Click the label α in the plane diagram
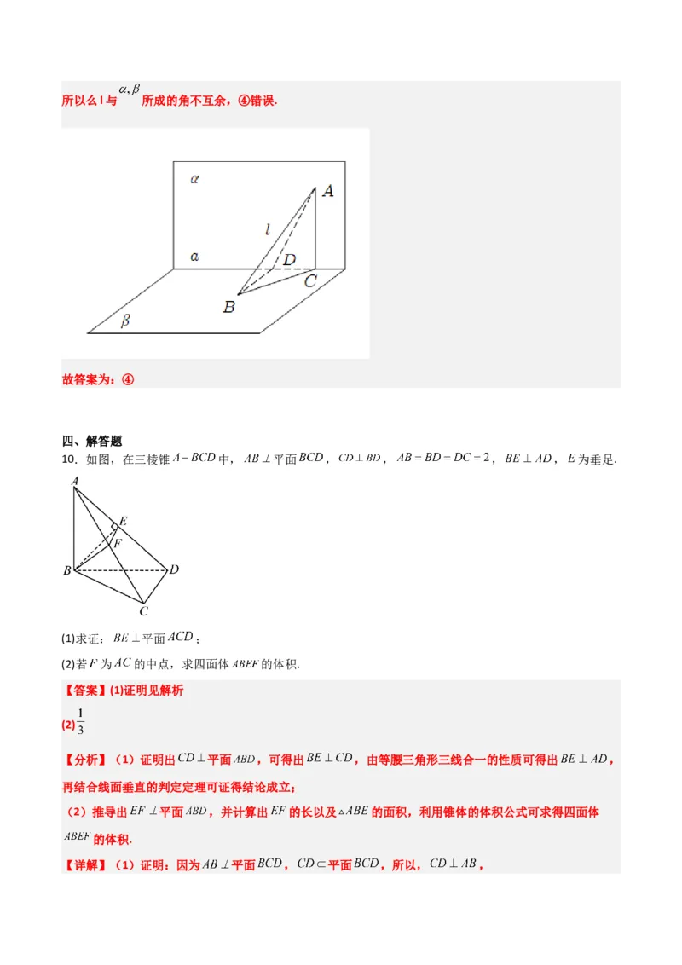coord(195,179)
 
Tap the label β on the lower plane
coord(125,321)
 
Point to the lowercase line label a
coord(195,256)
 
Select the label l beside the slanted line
coord(267,228)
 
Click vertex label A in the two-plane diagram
coord(327,191)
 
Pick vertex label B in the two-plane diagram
coord(228,306)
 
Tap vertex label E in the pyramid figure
coord(124,521)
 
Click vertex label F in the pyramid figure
coord(118,542)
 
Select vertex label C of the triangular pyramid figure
coord(144,611)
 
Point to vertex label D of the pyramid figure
coord(174,569)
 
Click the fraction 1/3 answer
coord(81,721)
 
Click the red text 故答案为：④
coord(99,379)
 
